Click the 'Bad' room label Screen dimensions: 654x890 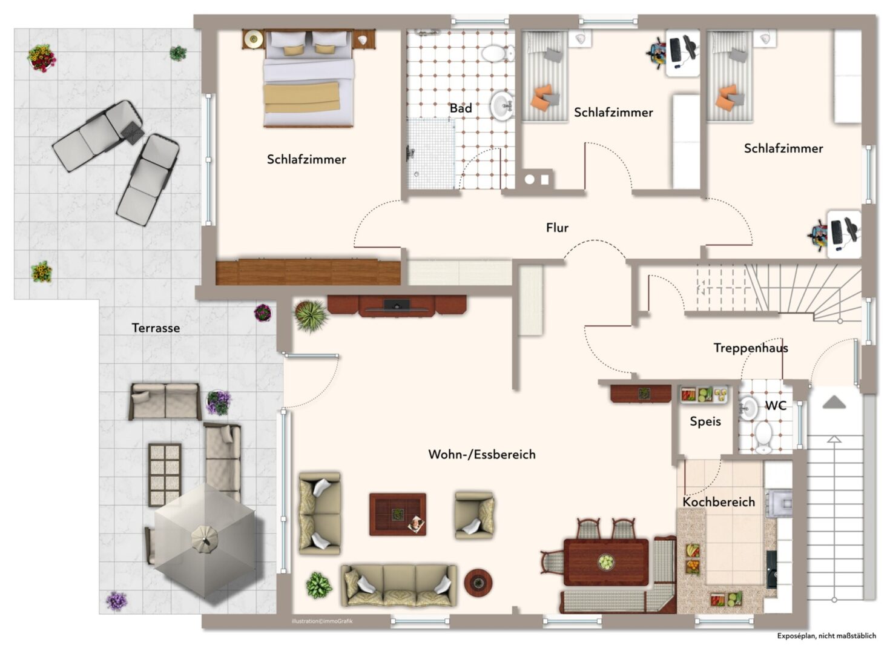[460, 108]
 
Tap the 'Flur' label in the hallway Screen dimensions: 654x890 [557, 228]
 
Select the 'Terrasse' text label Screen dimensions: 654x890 [156, 328]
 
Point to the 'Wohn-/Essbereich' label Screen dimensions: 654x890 [481, 454]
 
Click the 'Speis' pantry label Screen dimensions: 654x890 [705, 421]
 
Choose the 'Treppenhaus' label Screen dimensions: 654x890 [750, 348]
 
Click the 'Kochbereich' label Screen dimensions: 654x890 [719, 501]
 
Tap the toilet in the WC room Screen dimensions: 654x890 [763, 436]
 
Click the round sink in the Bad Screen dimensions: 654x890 [502, 106]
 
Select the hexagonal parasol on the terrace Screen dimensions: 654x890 [205, 539]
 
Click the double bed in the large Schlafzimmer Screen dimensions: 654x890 [308, 79]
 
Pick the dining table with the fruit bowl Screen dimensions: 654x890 [605, 562]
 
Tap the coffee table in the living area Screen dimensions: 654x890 [398, 514]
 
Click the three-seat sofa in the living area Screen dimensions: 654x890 [399, 585]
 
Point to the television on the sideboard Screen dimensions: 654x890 [397, 305]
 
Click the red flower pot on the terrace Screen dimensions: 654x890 [42, 58]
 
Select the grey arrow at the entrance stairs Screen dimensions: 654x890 [834, 402]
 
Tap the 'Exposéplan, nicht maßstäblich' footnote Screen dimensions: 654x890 [826, 636]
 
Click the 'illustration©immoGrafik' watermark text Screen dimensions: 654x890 [322, 621]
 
